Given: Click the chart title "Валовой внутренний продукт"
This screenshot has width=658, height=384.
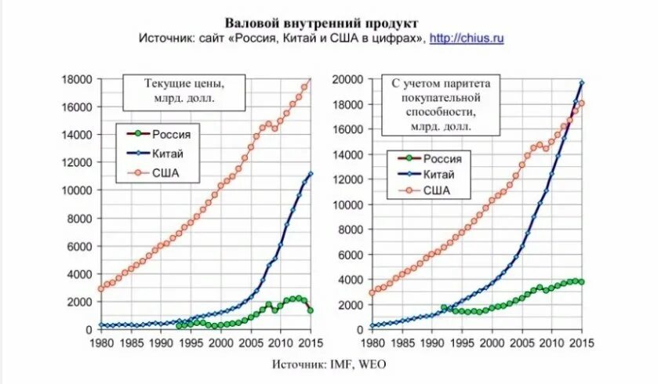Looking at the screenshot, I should (322, 22).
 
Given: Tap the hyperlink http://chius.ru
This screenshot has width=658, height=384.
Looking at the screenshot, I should (467, 38).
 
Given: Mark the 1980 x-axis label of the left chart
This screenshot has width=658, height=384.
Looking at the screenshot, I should (101, 343).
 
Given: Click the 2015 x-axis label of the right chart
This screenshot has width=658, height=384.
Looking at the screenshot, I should (581, 343).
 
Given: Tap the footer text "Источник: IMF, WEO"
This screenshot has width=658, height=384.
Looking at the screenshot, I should (329, 364).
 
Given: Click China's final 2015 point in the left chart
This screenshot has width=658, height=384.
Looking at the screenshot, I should (311, 174).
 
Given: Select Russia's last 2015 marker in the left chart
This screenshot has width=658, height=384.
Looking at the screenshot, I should (311, 310).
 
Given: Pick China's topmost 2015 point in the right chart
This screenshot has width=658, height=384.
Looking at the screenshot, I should (581, 82).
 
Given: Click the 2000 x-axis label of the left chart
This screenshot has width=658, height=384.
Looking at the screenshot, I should (220, 343).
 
